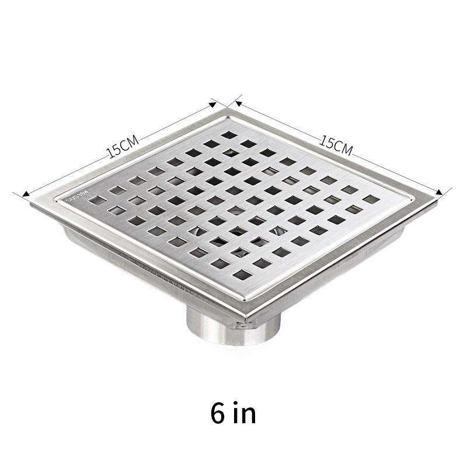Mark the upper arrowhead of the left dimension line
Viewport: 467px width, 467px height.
click(x=214, y=105)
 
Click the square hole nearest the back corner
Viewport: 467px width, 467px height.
click(x=229, y=135)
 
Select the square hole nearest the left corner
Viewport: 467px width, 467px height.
click(x=97, y=200)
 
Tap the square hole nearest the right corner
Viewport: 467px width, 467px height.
click(x=371, y=199)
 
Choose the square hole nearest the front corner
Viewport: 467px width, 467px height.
click(x=241, y=274)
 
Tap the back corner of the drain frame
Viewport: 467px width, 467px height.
click(x=229, y=109)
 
